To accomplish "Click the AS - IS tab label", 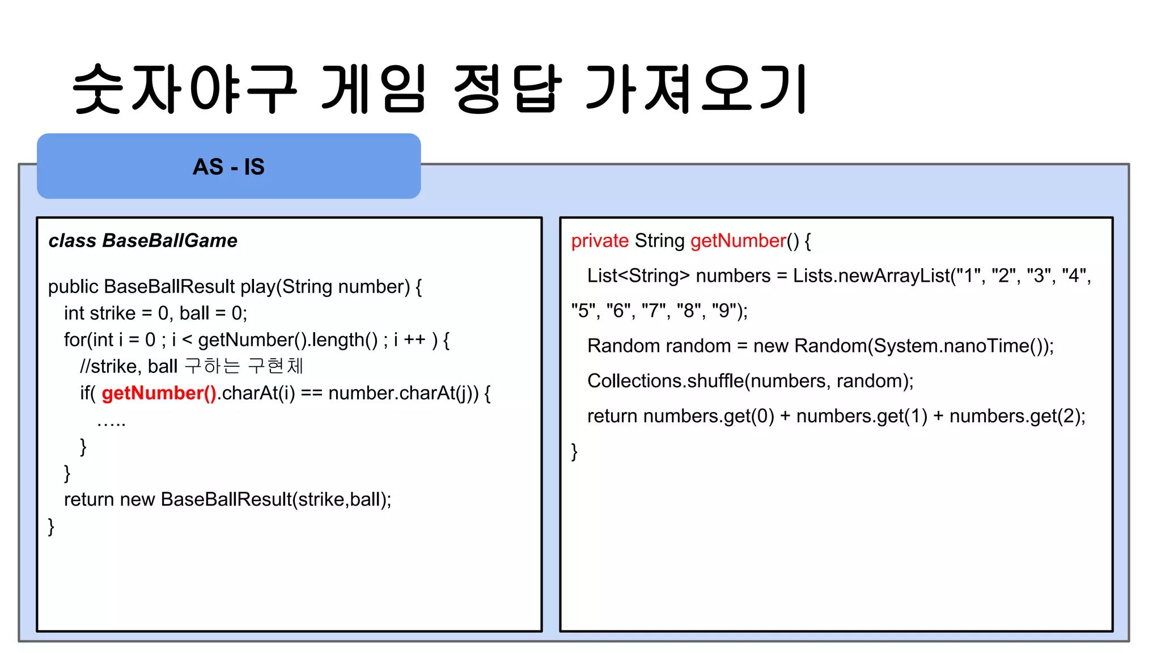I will [228, 167].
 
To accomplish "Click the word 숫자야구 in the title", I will [185, 89].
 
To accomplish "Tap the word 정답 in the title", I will [507, 89].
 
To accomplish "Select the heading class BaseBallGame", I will [143, 240].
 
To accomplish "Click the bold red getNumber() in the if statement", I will [159, 393].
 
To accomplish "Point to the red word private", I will [600, 241].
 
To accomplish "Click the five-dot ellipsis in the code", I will [111, 422].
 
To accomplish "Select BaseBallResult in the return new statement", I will [226, 499].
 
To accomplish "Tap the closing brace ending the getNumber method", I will [574, 452].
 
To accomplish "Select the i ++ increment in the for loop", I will [409, 340].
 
